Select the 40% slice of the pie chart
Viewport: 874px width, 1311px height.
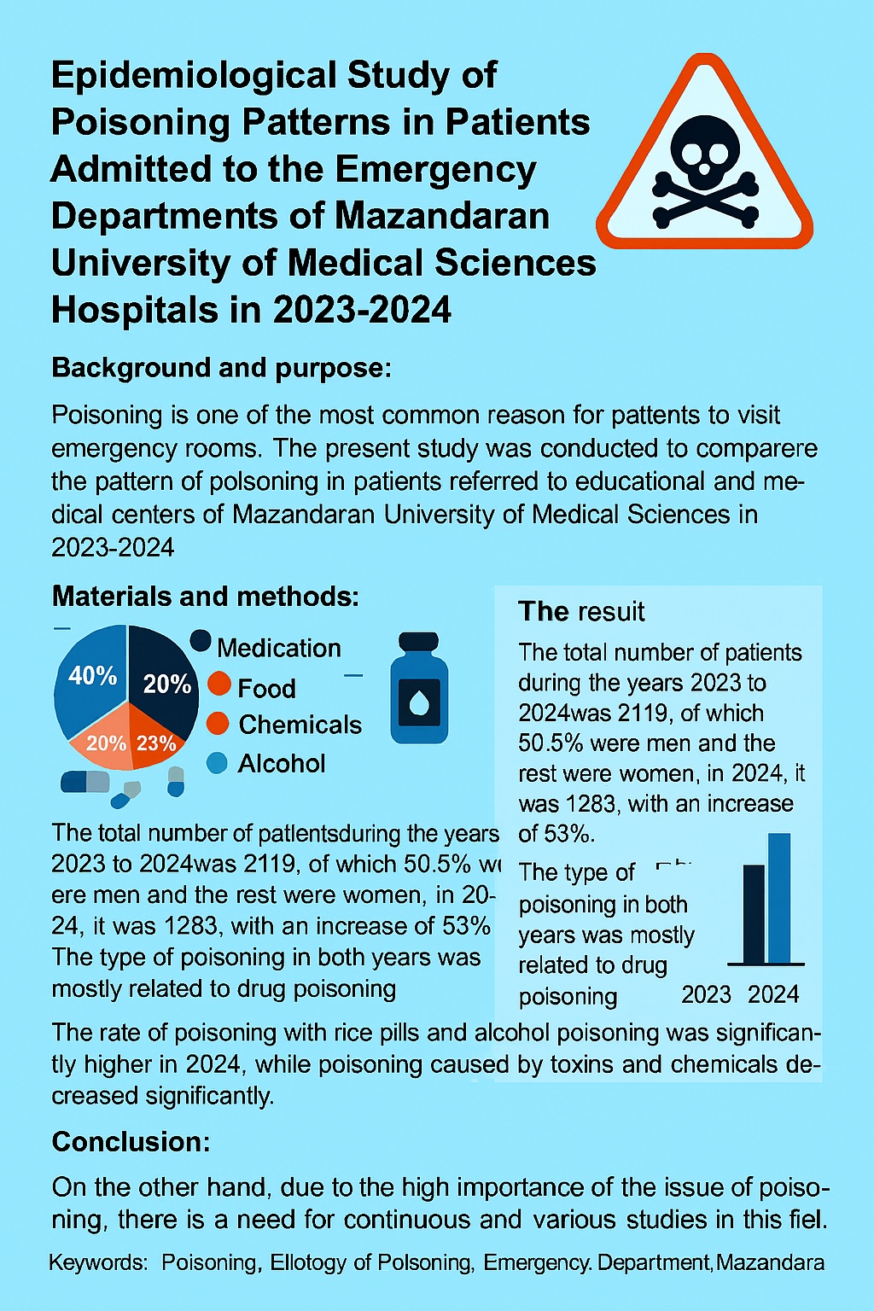point(87,683)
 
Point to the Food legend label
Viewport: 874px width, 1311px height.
point(266,688)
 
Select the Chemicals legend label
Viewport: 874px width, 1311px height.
point(300,725)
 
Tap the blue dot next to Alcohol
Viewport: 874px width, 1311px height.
point(218,763)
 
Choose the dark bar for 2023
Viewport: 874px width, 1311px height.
point(754,913)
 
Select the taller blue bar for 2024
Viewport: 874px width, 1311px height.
point(779,898)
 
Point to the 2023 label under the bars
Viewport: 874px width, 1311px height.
point(706,994)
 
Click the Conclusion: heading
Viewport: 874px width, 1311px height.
point(131,1142)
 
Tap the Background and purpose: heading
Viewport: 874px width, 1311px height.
point(221,368)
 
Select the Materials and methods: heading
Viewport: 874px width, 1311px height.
point(205,596)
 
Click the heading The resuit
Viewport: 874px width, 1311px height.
point(581,611)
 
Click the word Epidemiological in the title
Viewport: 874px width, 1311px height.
point(179,75)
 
